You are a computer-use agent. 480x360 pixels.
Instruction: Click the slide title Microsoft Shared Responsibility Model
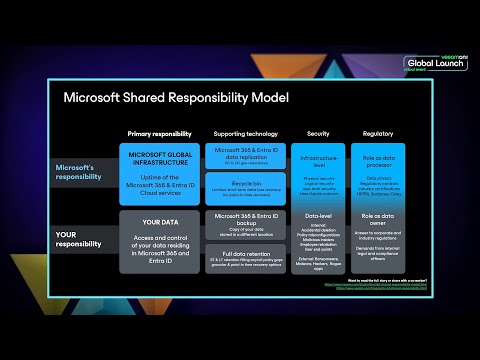point(175,98)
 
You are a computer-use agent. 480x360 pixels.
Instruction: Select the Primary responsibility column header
point(158,133)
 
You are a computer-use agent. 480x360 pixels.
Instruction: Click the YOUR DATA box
point(159,240)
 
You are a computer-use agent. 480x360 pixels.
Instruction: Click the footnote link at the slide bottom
point(384,288)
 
